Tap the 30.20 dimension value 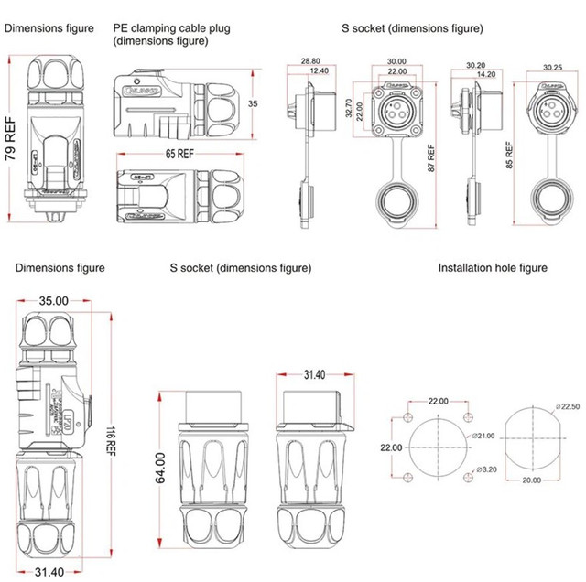[475, 65]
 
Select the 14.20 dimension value [485, 74]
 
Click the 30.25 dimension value [552, 67]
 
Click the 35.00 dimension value [53, 300]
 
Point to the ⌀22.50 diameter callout [568, 406]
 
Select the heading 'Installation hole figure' [493, 268]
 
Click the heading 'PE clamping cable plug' [171, 28]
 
